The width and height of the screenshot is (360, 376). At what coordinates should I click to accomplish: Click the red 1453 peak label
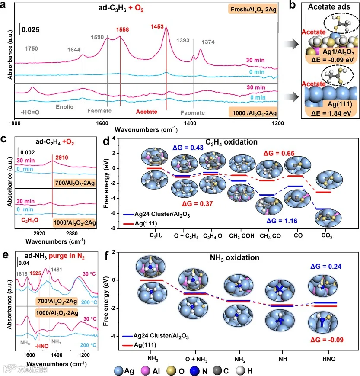pos(157,27)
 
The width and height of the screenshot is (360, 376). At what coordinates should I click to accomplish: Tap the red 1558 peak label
pos(122,29)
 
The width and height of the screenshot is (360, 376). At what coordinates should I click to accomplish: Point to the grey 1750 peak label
pos(32,49)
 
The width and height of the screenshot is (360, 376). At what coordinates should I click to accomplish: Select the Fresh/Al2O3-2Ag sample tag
pos(253,10)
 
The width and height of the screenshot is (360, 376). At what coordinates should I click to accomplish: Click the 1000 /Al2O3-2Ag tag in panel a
pos(255,113)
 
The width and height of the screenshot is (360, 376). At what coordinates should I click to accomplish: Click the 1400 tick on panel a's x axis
pos(190,123)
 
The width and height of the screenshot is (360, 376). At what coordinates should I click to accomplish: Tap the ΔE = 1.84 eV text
pos(331,113)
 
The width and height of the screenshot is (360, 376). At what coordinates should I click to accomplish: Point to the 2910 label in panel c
pos(61,157)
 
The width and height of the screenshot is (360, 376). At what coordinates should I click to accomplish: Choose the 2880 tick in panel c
pos(72,234)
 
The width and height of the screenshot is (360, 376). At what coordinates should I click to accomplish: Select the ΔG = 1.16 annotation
pos(282,221)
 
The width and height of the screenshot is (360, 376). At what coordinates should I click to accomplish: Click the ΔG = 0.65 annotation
pos(279,153)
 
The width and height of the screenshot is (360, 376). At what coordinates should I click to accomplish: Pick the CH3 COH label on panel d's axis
pos(242,236)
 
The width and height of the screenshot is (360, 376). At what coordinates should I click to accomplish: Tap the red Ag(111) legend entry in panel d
pos(140,224)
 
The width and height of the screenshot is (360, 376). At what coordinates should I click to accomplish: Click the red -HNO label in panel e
pos(41,346)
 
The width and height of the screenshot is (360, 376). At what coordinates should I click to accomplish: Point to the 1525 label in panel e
pos(35,273)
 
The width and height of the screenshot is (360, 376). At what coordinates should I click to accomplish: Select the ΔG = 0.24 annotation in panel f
pos(326,267)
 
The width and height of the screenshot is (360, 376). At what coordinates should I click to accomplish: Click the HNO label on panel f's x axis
pos(329,359)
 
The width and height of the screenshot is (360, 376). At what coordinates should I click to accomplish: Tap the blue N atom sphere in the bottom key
pos(194,371)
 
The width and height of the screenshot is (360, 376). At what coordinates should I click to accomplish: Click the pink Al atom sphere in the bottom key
pos(145,371)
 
